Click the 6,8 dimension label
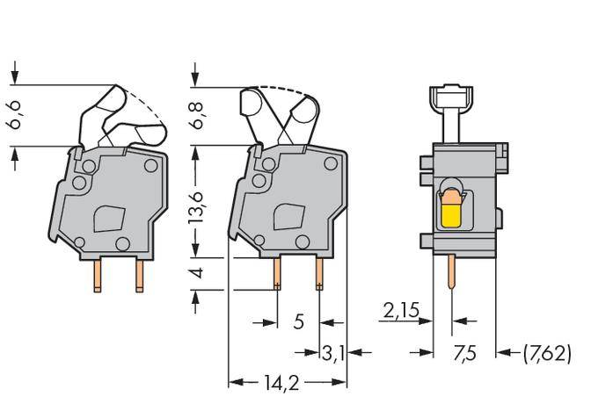[x=199, y=116]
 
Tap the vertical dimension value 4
[x=199, y=274]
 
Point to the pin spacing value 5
[x=298, y=322]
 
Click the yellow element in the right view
[x=450, y=213]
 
